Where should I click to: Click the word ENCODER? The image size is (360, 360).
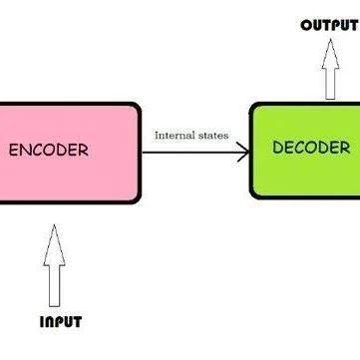(48, 152)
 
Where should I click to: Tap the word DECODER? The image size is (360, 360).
(311, 149)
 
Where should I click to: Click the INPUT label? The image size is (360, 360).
(60, 321)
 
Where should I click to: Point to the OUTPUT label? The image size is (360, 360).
(329, 25)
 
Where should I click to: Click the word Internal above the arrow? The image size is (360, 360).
(173, 135)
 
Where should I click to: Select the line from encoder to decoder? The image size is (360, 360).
(189, 153)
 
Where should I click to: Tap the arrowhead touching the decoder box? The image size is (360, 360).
(242, 153)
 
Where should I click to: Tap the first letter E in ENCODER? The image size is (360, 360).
(13, 152)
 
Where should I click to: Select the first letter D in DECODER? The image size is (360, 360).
(278, 149)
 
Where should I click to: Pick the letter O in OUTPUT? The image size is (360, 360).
(307, 25)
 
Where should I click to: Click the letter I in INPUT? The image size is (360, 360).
(42, 321)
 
